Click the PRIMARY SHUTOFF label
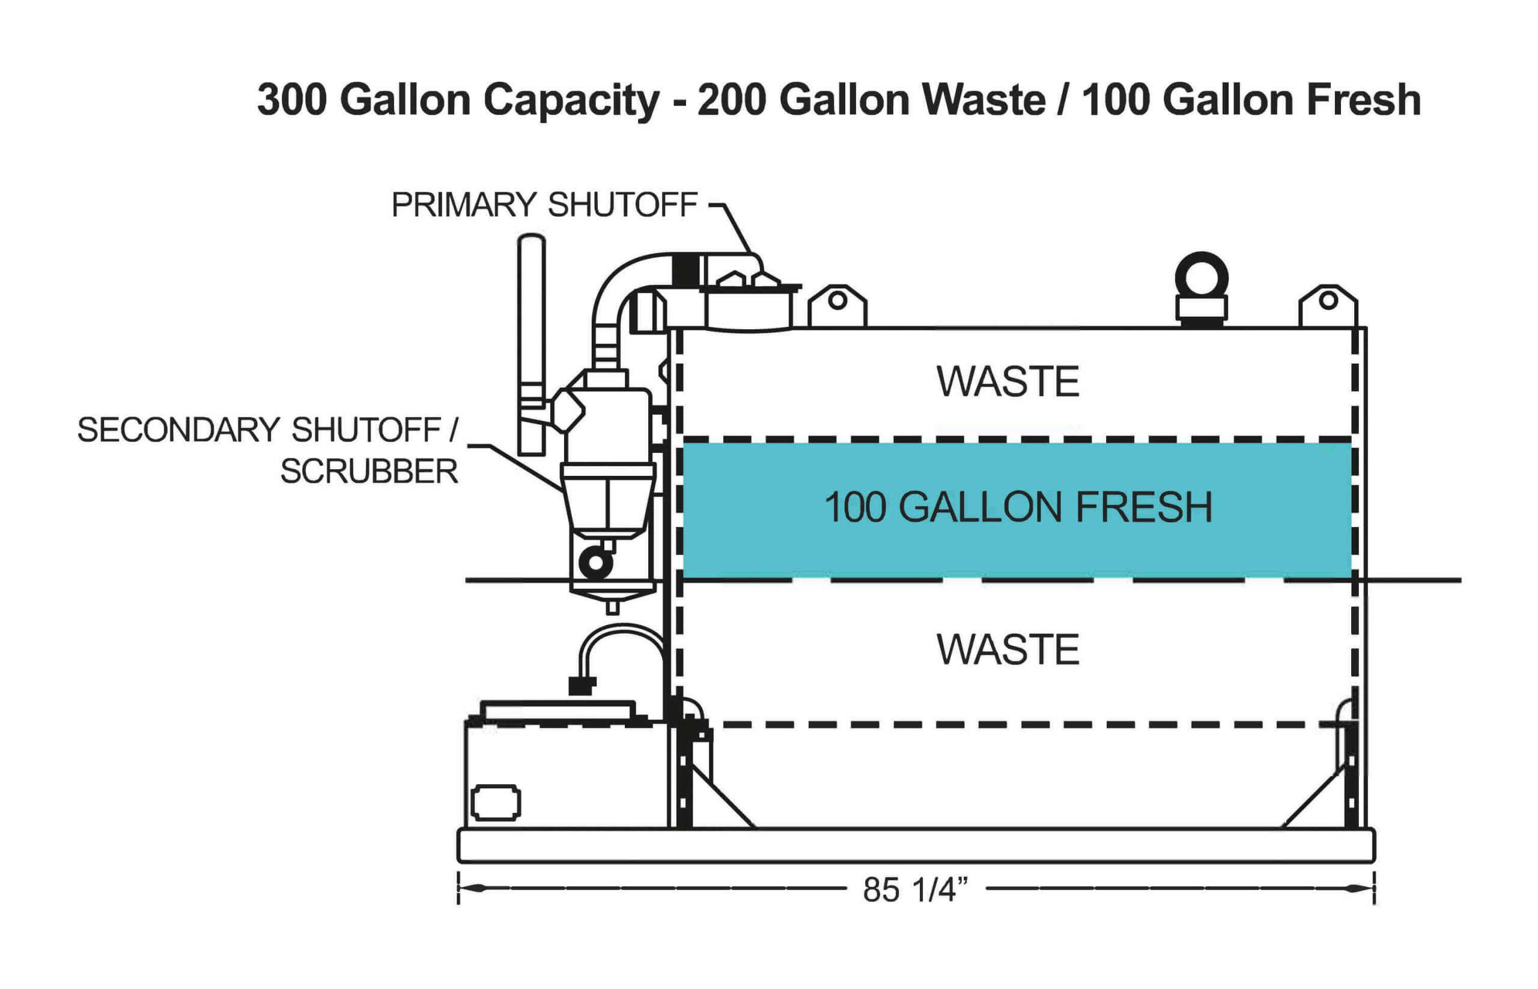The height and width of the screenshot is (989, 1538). [544, 205]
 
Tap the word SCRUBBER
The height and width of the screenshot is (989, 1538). [369, 472]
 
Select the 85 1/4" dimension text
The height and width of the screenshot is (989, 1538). [914, 890]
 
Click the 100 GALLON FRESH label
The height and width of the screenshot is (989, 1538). [1018, 507]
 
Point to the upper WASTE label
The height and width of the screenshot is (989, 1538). [1008, 382]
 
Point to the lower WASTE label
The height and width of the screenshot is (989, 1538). [1008, 650]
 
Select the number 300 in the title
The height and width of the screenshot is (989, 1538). [292, 100]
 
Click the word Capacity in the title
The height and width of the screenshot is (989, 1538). [571, 102]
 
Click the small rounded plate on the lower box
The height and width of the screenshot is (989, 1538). [496, 803]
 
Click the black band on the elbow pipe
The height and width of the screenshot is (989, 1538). [684, 270]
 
